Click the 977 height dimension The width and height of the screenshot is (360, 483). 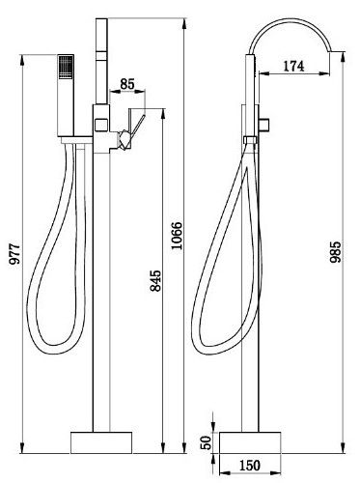(x=14, y=254)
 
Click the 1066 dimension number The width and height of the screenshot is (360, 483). (x=177, y=236)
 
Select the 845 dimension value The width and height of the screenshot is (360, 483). (x=155, y=281)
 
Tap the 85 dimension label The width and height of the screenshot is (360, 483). (x=127, y=84)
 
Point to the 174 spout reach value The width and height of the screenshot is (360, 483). (x=293, y=66)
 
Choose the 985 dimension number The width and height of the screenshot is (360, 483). (x=335, y=252)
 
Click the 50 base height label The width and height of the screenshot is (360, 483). (x=207, y=442)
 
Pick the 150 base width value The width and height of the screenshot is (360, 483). (x=250, y=466)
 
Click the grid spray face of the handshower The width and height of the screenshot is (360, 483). (x=66, y=66)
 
